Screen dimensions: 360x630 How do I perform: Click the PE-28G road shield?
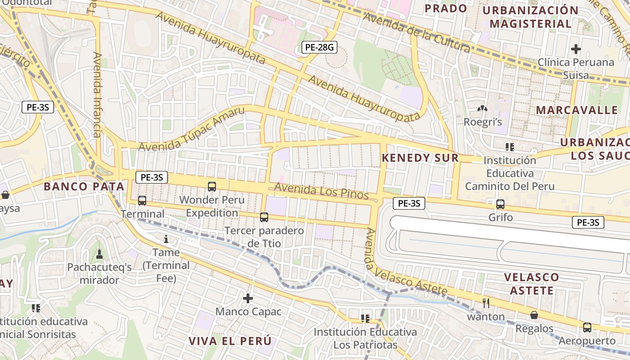pyautogui.click(x=319, y=47)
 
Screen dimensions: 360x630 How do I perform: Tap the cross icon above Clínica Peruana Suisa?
pyautogui.click(x=576, y=49)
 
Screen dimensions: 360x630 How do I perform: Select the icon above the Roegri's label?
pyautogui.click(x=482, y=109)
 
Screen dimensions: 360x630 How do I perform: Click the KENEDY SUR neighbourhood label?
pyautogui.click(x=420, y=158)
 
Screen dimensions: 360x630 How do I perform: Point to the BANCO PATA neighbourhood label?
pyautogui.click(x=84, y=186)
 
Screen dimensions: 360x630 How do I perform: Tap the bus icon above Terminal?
pyautogui.click(x=142, y=201)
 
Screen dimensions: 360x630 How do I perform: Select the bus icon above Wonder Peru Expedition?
pyautogui.click(x=212, y=186)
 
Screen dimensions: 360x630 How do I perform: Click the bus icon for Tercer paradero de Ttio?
pyautogui.click(x=264, y=217)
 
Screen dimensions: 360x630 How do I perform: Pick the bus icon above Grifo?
pyautogui.click(x=500, y=204)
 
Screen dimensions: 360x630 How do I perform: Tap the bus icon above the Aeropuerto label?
pyautogui.click(x=587, y=327)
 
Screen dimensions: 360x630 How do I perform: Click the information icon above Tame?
pyautogui.click(x=166, y=239)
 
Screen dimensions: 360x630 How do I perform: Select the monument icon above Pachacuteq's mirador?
pyautogui.click(x=99, y=254)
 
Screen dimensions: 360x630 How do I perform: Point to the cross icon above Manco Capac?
pyautogui.click(x=248, y=298)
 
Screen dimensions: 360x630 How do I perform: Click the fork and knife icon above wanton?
pyautogui.click(x=486, y=303)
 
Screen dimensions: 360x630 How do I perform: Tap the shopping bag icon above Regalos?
pyautogui.click(x=534, y=315)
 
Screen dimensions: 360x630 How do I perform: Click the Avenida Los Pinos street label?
pyautogui.click(x=321, y=191)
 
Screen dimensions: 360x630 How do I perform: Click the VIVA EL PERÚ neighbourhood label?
pyautogui.click(x=230, y=341)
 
